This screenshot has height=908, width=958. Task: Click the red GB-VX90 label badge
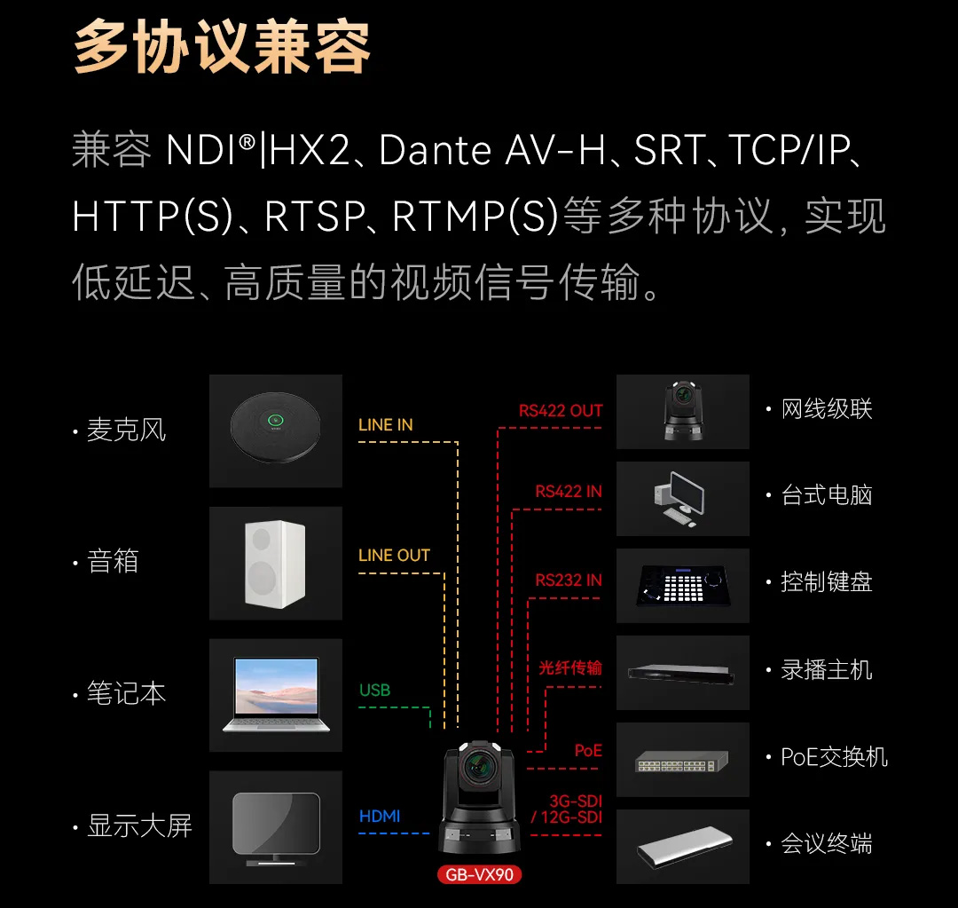480,874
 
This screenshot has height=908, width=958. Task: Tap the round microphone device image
276,428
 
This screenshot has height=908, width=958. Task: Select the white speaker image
275,564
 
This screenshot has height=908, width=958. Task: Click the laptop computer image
276,695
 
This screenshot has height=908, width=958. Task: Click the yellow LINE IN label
386,425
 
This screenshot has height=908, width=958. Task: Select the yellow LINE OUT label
394,556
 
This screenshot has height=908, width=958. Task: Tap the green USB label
374,691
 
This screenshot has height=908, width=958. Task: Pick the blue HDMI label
380,817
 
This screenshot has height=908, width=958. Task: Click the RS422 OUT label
561,411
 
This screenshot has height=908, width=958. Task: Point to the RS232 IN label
569,580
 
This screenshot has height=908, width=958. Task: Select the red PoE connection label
588,750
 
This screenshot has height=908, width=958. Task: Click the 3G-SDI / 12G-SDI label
567,809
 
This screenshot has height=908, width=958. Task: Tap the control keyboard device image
683,586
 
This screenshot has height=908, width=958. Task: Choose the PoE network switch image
682,762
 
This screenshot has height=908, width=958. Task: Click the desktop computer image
679,499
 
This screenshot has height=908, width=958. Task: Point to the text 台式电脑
827,495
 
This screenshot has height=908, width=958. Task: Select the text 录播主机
827,670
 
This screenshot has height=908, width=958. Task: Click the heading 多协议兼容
223,46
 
